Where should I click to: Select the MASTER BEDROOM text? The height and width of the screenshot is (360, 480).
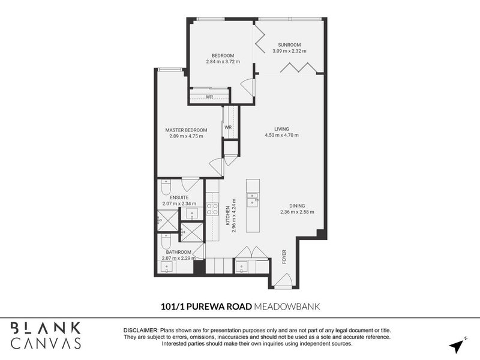[187, 130]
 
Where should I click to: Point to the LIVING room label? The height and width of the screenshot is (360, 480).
[282, 129]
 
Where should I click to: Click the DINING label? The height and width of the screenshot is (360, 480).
[297, 205]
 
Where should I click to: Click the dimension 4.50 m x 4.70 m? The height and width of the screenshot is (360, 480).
[282, 136]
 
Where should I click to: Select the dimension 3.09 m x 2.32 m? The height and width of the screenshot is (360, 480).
[289, 52]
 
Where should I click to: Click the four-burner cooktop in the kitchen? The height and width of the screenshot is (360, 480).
[212, 209]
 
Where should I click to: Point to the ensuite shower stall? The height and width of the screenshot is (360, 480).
[168, 221]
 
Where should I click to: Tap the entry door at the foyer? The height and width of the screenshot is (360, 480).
[282, 280]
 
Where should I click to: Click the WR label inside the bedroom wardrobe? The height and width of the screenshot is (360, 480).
[209, 97]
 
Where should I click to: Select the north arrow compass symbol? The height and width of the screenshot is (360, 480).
[458, 346]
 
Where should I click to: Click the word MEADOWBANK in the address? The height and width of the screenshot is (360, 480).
[287, 306]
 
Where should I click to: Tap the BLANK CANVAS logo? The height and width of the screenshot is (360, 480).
[46, 335]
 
